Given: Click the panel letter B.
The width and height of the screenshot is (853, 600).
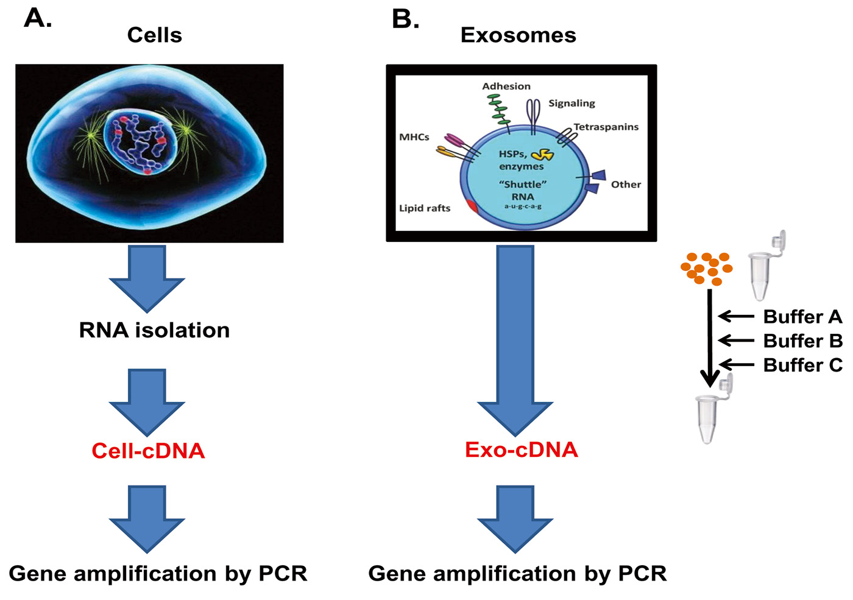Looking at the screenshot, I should tap(405, 19).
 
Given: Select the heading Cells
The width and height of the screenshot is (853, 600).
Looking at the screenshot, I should tap(154, 35).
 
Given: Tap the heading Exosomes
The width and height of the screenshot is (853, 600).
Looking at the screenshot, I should tap(518, 35).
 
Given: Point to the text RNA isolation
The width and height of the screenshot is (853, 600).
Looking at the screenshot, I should tap(154, 330).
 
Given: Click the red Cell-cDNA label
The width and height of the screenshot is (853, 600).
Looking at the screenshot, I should tap(148, 451).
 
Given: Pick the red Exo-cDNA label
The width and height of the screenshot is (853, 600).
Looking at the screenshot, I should tap(521, 450).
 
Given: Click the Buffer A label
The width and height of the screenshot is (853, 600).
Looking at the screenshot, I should tap(802, 317).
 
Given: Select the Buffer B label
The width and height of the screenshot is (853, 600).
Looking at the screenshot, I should tap(802, 341).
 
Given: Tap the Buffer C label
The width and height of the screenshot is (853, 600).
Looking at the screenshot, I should tap(802, 365).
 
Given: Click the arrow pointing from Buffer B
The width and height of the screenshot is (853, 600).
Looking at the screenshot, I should tap(736, 341).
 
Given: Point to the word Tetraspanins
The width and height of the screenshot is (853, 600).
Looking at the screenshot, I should tap(606, 127).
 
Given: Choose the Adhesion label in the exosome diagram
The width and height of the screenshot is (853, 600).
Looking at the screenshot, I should tap(506, 86).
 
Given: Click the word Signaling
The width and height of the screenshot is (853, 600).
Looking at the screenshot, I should tap(572, 104).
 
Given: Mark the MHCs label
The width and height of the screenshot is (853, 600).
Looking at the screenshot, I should tap(414, 137).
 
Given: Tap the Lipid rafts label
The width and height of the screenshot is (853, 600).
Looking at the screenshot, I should tap(425, 208).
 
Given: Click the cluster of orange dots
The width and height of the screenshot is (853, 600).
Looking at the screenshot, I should tap(707, 269).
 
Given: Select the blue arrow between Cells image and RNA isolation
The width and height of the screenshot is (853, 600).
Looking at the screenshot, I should tap(147, 277).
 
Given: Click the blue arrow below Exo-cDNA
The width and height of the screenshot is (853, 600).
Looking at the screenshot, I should tap(515, 518).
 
